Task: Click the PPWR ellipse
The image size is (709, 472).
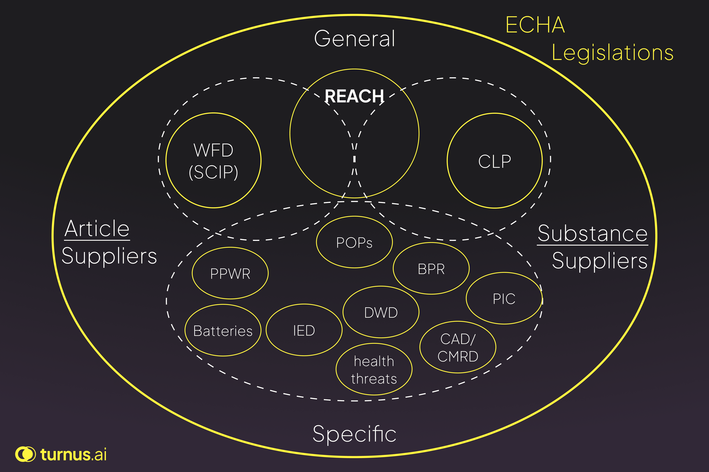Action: click(x=230, y=273)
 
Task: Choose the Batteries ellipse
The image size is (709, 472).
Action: click(x=223, y=331)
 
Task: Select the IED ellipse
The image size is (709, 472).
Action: click(x=304, y=330)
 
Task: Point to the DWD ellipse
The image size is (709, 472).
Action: click(x=381, y=312)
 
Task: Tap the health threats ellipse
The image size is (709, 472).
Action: click(x=374, y=369)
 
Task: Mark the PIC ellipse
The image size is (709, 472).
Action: click(x=504, y=298)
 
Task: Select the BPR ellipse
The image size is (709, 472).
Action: click(x=431, y=268)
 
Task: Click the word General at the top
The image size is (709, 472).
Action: click(x=354, y=38)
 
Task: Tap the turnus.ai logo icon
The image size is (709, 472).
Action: click(x=25, y=454)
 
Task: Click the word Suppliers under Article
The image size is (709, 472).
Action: click(x=109, y=256)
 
